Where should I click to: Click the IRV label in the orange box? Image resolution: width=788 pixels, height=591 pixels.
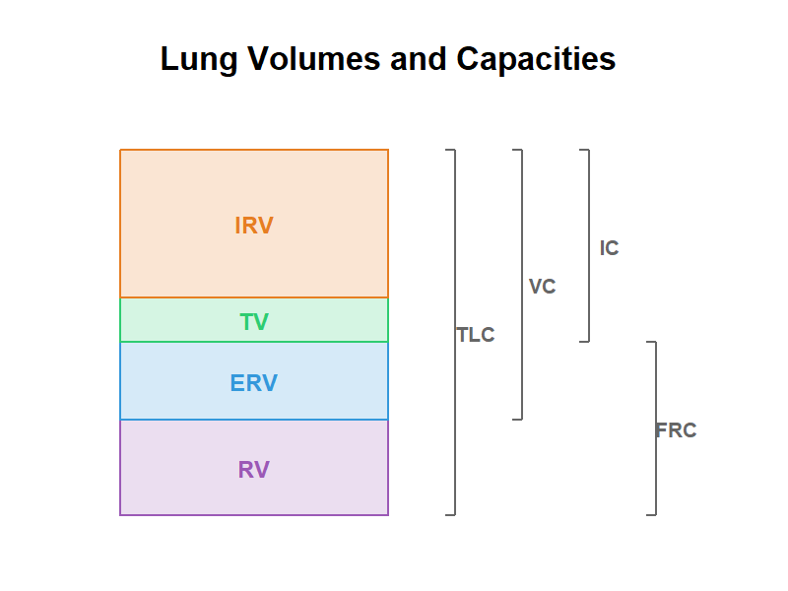coord(254,226)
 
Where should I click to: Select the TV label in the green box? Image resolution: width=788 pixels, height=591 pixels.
coord(254,322)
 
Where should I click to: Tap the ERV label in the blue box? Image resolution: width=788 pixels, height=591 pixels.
coord(254,383)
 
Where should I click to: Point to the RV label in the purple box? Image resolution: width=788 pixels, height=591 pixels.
coord(254,470)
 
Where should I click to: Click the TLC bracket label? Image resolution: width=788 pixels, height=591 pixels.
coord(476,335)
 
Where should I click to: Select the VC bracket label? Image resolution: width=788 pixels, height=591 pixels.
coord(543,287)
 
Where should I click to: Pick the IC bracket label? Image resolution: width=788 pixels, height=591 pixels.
coord(609,248)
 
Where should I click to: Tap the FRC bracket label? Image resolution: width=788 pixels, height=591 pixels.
coord(676,430)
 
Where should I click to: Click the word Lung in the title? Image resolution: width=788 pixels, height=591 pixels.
coord(199,59)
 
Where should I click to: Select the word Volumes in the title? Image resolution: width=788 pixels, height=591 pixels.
coord(314,58)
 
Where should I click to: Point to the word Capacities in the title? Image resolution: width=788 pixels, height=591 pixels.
coord(536,59)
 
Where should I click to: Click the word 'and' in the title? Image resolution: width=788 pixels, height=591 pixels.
coord(418,58)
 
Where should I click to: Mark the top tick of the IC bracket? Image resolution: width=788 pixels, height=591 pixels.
coord(584,150)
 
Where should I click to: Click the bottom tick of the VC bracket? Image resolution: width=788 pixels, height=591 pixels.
coord(517,420)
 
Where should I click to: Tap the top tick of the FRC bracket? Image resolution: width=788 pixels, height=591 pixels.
coord(651,342)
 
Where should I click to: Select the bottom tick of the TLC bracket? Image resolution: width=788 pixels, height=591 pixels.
coord(450,514)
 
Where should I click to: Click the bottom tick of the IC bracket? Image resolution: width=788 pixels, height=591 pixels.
coord(584,342)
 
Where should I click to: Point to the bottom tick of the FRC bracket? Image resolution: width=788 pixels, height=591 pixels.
coord(651,514)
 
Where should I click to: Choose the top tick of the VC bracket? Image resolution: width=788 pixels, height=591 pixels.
coord(517,150)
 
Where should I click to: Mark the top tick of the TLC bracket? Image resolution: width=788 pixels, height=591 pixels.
coord(450,150)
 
